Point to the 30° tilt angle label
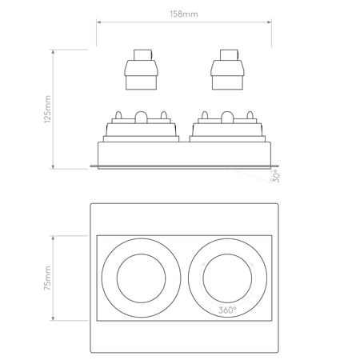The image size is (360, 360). click(274, 176)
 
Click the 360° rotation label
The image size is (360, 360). click(228, 309)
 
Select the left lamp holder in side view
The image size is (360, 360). click(140, 72)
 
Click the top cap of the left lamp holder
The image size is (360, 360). click(140, 55)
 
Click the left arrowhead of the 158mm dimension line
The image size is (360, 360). click(99, 23)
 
